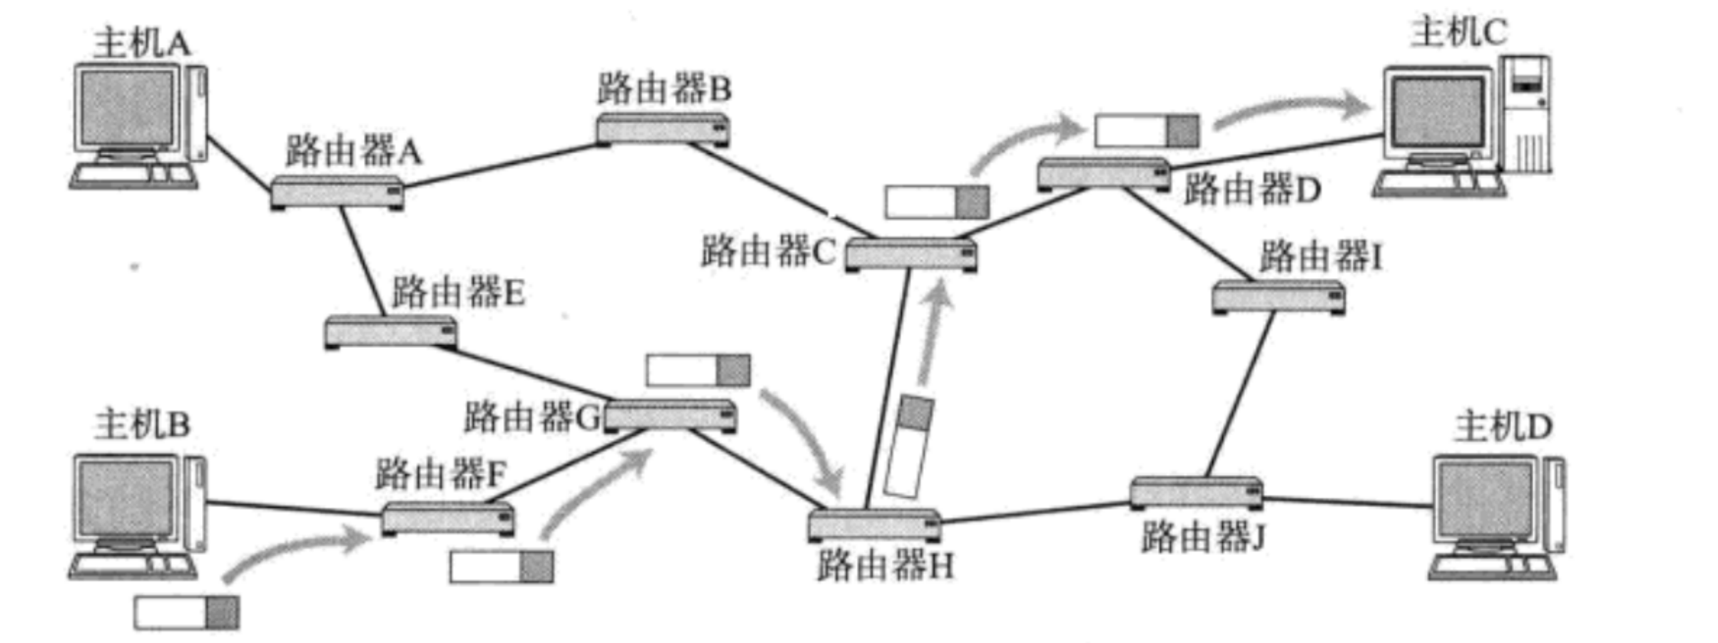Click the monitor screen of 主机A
click(126, 106)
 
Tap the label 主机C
click(1458, 32)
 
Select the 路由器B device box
click(662, 130)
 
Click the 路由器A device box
click(337, 193)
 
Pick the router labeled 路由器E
click(391, 331)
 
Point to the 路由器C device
click(911, 255)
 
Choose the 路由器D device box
click(1104, 173)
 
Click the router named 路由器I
click(1278, 297)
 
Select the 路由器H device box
click(874, 525)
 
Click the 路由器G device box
click(670, 416)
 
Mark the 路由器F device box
click(447, 519)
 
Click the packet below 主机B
click(186, 612)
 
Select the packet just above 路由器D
click(1146, 131)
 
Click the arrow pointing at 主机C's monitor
click(1294, 110)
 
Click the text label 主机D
click(1503, 427)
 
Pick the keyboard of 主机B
click(133, 565)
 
